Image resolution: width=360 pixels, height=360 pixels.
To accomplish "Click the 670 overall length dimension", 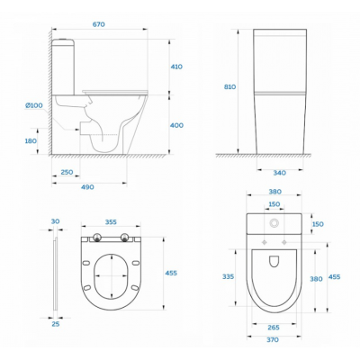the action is pos(98,24).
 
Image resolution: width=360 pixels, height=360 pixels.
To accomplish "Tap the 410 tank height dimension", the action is pos(176,67).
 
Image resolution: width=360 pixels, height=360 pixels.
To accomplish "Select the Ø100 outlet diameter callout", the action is pos(34,105).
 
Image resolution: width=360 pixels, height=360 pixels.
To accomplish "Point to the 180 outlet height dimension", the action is pos(31,140).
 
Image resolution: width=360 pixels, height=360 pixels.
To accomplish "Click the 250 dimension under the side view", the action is pos(67,172).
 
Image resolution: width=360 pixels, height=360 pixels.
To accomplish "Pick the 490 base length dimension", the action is pos(87,187).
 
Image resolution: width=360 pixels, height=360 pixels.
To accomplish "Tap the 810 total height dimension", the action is pos(230,86).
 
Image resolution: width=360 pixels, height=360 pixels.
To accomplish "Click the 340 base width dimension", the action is pos(280,173).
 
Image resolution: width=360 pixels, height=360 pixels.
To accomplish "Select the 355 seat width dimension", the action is pos(111,222).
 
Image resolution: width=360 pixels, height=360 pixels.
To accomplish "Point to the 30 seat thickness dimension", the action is pos(55,221).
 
